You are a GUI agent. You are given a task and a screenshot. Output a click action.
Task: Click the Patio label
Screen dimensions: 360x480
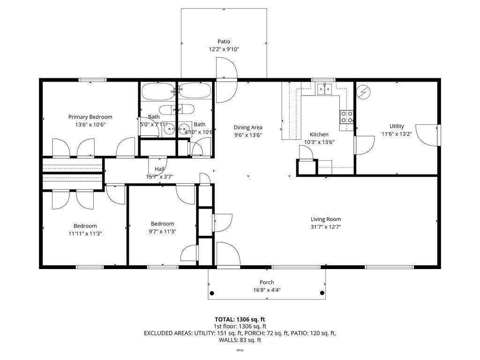[224, 41]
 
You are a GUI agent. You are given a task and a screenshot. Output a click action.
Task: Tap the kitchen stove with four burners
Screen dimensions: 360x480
[347, 117]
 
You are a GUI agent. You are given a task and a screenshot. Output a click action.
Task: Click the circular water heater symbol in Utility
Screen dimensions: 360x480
[363, 92]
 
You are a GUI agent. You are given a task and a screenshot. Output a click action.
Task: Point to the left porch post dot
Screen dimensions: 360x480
[212, 293]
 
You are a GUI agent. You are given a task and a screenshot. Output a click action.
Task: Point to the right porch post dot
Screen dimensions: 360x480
[322, 293]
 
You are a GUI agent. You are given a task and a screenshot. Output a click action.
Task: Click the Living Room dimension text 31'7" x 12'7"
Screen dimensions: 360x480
[326, 227]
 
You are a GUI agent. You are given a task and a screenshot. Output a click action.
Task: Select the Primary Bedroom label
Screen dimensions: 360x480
[90, 117]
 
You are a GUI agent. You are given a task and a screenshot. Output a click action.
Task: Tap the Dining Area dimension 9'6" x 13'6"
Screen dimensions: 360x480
[248, 135]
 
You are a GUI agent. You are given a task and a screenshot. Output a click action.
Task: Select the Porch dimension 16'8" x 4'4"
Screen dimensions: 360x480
[267, 290]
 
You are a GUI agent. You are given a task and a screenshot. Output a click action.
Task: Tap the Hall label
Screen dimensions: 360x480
[159, 170]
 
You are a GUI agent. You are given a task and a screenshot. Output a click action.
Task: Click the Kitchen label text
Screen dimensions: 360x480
[319, 135]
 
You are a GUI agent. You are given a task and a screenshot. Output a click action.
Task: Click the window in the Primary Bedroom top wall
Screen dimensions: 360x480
[92, 80]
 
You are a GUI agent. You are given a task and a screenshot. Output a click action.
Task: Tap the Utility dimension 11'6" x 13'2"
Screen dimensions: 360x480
[397, 134]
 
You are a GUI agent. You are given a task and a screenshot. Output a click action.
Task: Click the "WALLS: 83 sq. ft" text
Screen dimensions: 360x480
[240, 340]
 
